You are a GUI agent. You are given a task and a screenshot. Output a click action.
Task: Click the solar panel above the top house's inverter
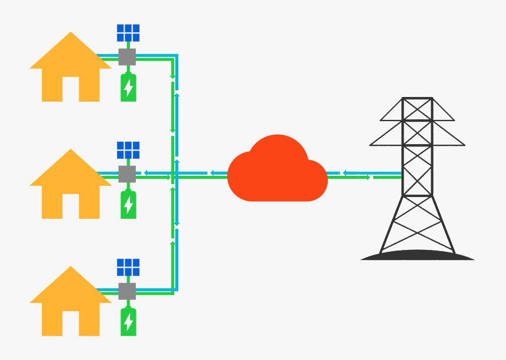click(x=128, y=33)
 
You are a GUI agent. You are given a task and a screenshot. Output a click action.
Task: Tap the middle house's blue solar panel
click(x=128, y=150)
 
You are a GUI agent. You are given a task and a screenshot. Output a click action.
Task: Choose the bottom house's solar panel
click(x=128, y=267)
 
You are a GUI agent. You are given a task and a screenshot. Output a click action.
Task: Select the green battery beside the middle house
click(x=128, y=204)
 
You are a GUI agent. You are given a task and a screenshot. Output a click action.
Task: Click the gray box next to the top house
click(x=128, y=57)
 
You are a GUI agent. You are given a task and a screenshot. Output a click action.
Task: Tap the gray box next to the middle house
click(x=128, y=174)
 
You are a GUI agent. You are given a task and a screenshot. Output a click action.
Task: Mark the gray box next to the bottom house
click(x=128, y=291)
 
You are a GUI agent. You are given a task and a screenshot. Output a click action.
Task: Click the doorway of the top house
click(x=71, y=89)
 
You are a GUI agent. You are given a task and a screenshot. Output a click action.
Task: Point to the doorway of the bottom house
click(x=71, y=324)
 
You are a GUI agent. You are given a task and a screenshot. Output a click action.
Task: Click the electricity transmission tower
click(x=417, y=176)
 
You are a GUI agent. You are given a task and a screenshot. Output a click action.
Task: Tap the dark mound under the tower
click(x=417, y=255)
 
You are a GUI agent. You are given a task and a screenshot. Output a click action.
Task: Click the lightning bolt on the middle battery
click(x=128, y=205)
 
